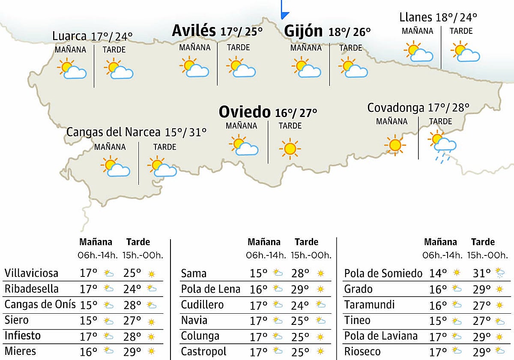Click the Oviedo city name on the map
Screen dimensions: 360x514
pyautogui.click(x=245, y=112)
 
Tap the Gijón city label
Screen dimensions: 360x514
pyautogui.click(x=303, y=31)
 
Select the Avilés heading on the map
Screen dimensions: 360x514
pyautogui.click(x=194, y=31)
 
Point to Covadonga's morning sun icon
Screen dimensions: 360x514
pyautogui.click(x=395, y=145)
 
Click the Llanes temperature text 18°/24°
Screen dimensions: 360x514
pyautogui.click(x=456, y=18)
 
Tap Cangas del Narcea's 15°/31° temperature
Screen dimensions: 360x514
pyautogui.click(x=185, y=132)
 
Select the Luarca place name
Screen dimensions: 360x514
pyautogui.click(x=70, y=36)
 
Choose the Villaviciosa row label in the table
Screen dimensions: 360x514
pyautogui.click(x=31, y=273)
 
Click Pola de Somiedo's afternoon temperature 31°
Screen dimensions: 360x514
pyautogui.click(x=482, y=273)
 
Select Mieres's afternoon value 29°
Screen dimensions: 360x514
pyautogui.click(x=132, y=352)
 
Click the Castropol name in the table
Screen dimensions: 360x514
pyautogui.click(x=203, y=352)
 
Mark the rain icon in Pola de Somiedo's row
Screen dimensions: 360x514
pyautogui.click(x=499, y=273)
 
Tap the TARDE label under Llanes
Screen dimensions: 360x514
pyautogui.click(x=461, y=31)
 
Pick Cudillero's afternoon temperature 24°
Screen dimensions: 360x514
pyautogui.click(x=300, y=305)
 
